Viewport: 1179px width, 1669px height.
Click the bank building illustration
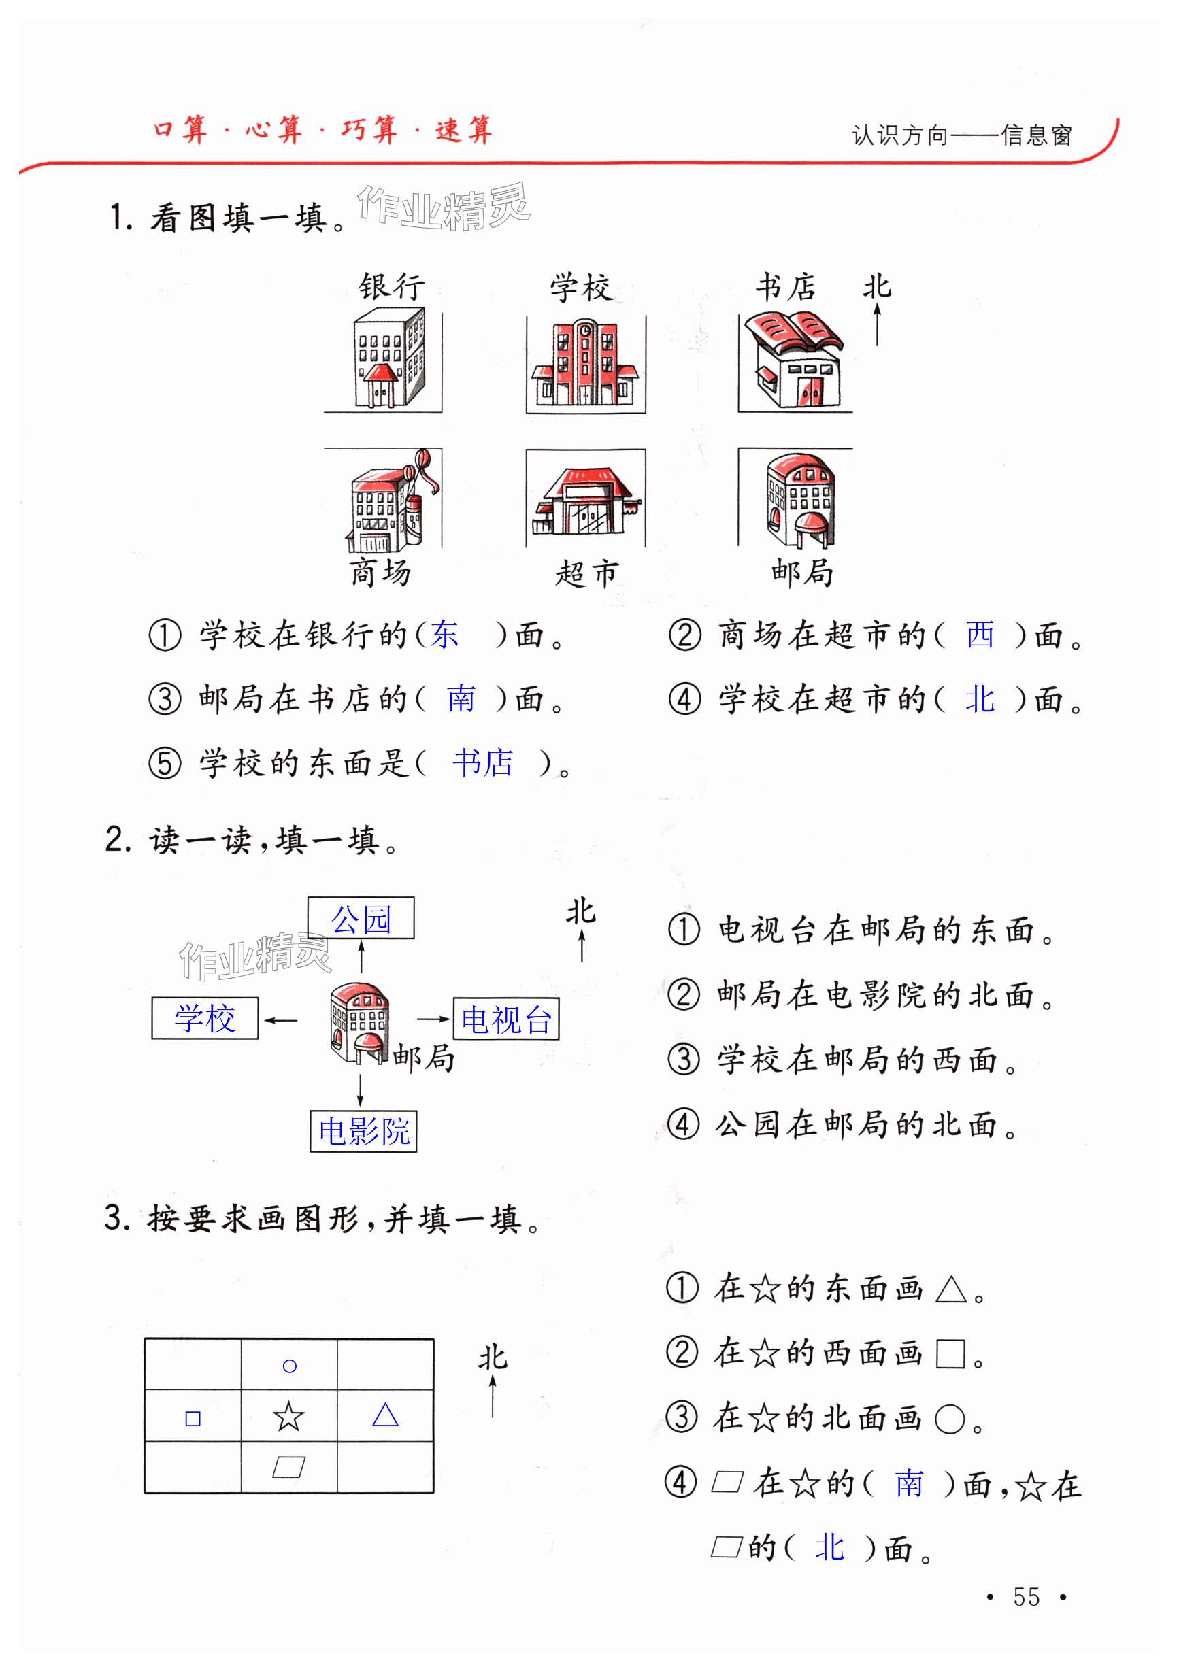point(388,358)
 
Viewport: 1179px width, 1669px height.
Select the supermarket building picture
point(586,501)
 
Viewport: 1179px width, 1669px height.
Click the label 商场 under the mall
point(380,573)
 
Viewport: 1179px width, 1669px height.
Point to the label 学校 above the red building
point(580,288)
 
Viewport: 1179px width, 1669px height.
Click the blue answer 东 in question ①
point(444,634)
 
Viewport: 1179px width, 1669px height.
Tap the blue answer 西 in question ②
point(980,634)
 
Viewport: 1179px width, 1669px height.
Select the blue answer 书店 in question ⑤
point(482,762)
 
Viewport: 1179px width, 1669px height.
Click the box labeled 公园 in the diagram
point(361,918)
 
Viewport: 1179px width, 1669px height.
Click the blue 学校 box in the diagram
point(204,1017)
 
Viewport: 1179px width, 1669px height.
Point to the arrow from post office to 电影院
point(360,1088)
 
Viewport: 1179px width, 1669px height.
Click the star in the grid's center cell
point(288,1416)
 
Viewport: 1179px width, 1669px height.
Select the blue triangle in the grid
point(385,1415)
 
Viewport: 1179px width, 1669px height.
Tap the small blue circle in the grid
point(289,1366)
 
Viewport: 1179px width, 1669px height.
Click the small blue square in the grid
point(193,1418)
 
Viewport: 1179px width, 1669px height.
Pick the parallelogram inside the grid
point(288,1467)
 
